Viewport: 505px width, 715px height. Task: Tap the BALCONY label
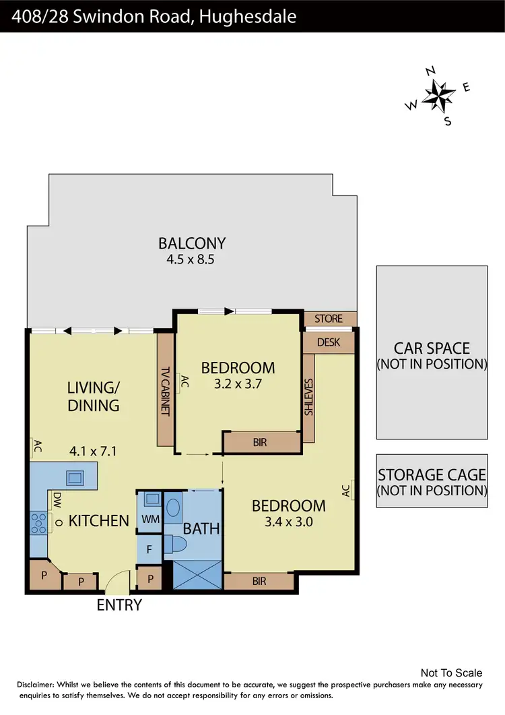(192, 243)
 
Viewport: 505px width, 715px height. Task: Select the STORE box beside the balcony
(329, 319)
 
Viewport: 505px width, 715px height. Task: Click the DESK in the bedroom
(329, 342)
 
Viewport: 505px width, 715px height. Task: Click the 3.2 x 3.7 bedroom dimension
(238, 385)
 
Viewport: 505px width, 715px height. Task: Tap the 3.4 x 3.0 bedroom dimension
(288, 521)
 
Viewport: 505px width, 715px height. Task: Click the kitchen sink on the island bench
(73, 478)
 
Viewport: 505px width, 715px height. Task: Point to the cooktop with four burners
(38, 524)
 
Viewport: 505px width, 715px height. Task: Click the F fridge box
(149, 549)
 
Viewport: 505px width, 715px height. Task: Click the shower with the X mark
(197, 576)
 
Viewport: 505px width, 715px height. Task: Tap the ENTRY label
(119, 604)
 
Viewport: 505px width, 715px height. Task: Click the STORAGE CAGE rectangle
(432, 480)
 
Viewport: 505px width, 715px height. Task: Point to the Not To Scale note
(451, 673)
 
